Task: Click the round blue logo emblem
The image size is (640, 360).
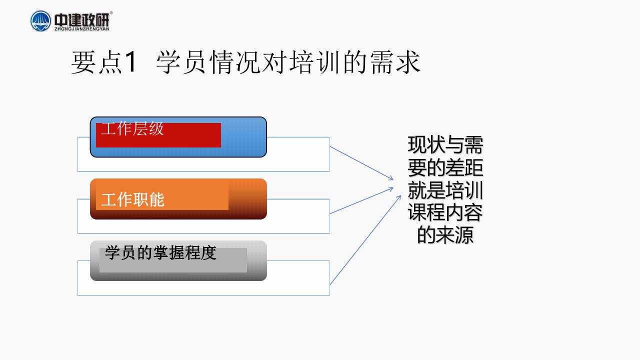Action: click(40, 21)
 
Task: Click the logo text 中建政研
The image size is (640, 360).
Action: click(81, 19)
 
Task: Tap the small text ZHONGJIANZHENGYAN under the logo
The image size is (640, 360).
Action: click(81, 29)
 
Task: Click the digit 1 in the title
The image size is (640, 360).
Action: click(130, 61)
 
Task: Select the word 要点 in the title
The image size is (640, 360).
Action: click(96, 62)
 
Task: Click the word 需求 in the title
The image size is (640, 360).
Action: click(395, 62)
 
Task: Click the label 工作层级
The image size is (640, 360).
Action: click(132, 128)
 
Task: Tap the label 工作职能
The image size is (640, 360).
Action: click(133, 199)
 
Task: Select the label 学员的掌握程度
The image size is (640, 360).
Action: click(160, 252)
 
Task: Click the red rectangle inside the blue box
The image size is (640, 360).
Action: click(158, 135)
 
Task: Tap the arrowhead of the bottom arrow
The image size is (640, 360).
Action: click(398, 198)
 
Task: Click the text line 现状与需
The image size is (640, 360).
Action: click(445, 145)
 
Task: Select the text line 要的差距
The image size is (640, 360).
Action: click(445, 167)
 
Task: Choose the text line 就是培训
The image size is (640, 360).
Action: click(445, 190)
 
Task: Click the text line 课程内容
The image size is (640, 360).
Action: click(445, 212)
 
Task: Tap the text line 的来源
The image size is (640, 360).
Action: click(445, 235)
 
